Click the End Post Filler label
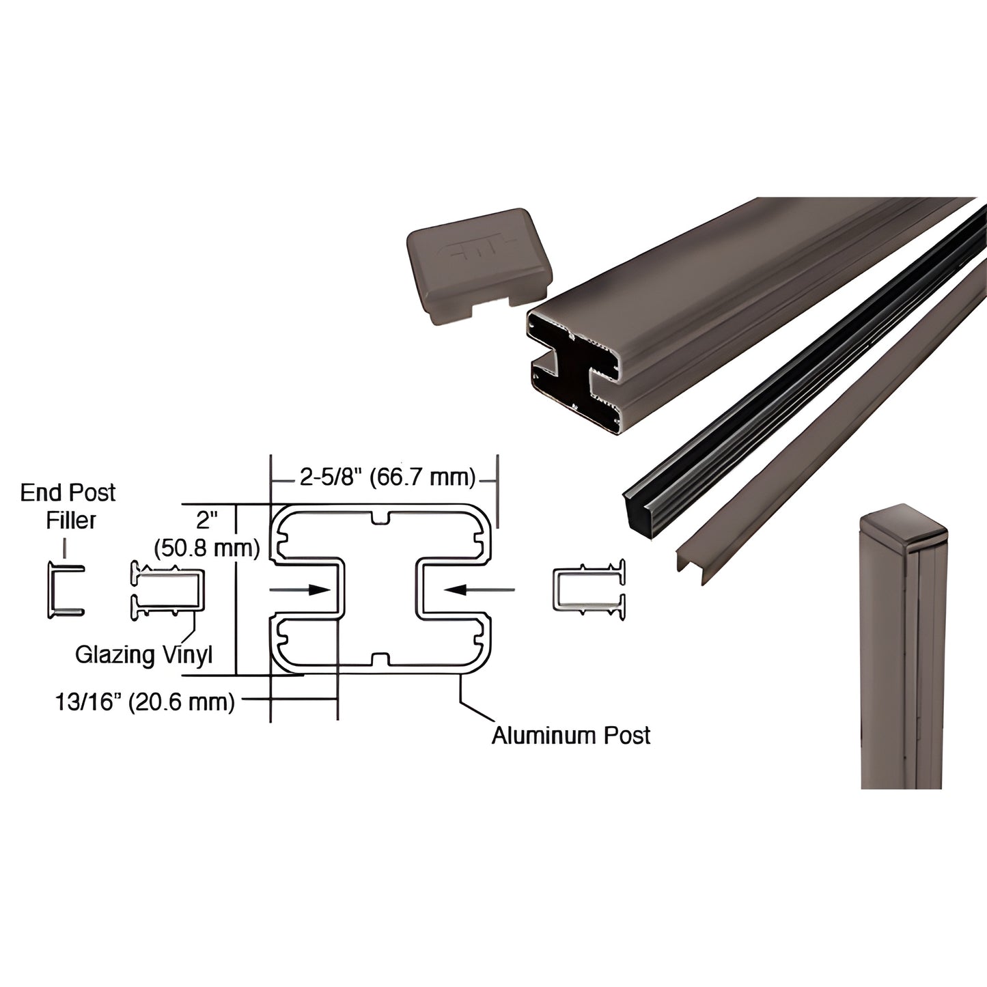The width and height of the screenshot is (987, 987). [68, 506]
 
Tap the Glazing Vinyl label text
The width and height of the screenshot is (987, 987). [143, 654]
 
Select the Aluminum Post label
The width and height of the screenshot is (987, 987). [570, 735]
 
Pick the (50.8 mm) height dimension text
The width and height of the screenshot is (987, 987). [207, 548]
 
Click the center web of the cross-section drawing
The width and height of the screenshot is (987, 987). [379, 589]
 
